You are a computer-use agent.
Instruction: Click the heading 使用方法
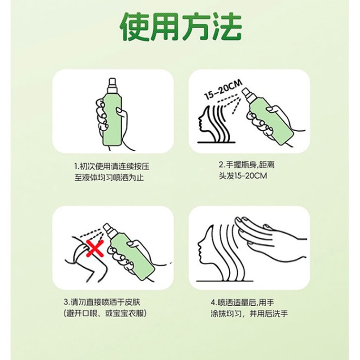[x=180, y=27]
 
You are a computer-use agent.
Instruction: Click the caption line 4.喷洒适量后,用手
[x=246, y=302]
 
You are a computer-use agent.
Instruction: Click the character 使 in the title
[x=134, y=27]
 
